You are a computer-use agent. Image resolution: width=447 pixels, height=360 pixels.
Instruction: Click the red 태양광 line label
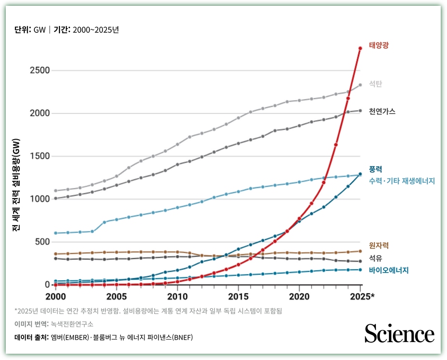coord(379,45)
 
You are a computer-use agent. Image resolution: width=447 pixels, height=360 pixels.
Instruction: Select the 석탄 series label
coord(375,84)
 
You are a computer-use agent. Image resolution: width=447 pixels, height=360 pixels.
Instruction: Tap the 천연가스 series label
coord(382,112)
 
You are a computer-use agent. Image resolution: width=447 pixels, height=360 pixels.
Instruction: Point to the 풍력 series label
coord(375,170)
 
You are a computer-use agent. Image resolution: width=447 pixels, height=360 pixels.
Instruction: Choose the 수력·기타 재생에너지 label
coord(402,181)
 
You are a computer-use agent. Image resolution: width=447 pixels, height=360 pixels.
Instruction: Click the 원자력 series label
coord(379,245)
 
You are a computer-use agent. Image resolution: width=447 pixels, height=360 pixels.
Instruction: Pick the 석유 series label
coord(375,258)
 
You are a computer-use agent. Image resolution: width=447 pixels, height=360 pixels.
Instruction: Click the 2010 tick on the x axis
coord(177,296)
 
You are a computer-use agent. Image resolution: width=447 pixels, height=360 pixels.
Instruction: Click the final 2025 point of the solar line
coord(360,48)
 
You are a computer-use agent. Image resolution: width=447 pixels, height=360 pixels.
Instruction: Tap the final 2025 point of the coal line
coord(360,85)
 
